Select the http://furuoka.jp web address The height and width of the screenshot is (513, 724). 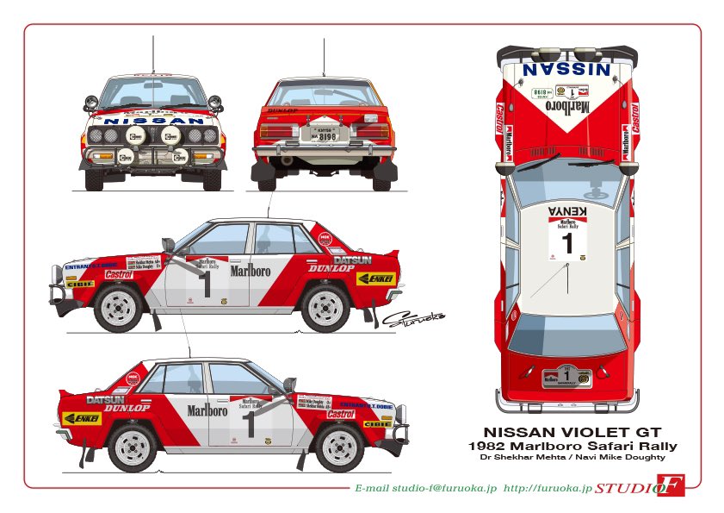pos(548,489)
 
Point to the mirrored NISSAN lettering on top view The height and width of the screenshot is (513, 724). pos(567,68)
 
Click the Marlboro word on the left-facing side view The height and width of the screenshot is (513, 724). pos(250,271)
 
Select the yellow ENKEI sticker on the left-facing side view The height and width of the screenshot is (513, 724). pos(375,278)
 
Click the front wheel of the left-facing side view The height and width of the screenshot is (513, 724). pos(119,304)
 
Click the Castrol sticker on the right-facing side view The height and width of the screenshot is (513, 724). pos(341,415)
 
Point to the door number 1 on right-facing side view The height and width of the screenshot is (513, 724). pos(249,423)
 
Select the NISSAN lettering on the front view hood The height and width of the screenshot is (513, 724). pos(153,122)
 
